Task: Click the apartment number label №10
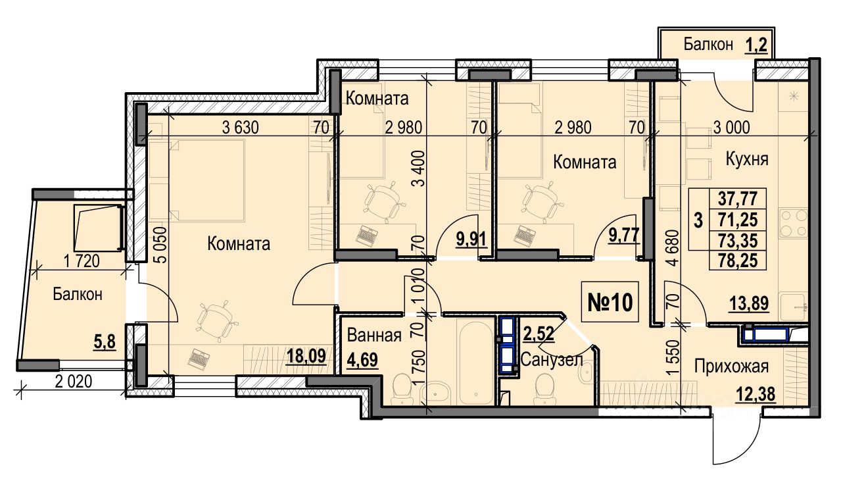[610, 303]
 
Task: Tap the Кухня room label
[747, 159]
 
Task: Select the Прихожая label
[731, 366]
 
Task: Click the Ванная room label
[374, 336]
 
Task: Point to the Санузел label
[552, 360]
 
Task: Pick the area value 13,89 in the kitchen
[749, 303]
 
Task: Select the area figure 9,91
[471, 239]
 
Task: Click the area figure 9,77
[624, 236]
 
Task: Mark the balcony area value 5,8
[105, 343]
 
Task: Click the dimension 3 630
[240, 128]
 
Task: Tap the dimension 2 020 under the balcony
[74, 382]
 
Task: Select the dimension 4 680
[674, 248]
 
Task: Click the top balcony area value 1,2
[756, 45]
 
